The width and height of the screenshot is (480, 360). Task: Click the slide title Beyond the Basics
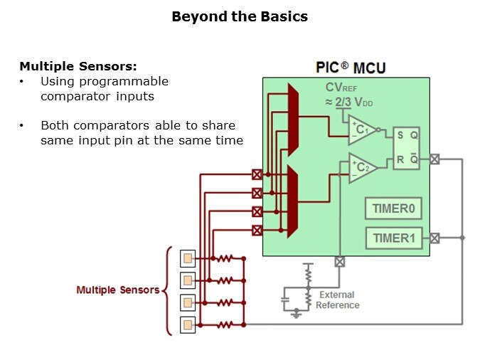pyautogui.click(x=240, y=16)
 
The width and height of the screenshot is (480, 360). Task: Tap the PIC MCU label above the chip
pyautogui.click(x=351, y=68)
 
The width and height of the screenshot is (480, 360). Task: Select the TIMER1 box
pyautogui.click(x=393, y=238)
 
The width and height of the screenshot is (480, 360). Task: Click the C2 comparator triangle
pyautogui.click(x=362, y=168)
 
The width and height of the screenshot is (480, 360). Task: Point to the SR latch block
pyautogui.click(x=407, y=147)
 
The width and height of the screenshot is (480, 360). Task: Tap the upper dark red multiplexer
pyautogui.click(x=292, y=120)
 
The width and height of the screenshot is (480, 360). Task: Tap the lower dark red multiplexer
pyautogui.click(x=292, y=201)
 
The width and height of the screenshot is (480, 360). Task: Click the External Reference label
pyautogui.click(x=337, y=300)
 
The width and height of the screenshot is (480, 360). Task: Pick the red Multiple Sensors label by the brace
pyautogui.click(x=117, y=290)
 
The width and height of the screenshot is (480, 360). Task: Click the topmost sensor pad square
pyautogui.click(x=188, y=258)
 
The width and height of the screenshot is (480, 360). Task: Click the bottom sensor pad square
pyautogui.click(x=188, y=325)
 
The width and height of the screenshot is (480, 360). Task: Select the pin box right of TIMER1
pyautogui.click(x=434, y=238)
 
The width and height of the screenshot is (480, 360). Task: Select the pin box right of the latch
pyautogui.click(x=434, y=160)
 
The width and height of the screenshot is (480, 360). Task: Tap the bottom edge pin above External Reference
pyautogui.click(x=340, y=261)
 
